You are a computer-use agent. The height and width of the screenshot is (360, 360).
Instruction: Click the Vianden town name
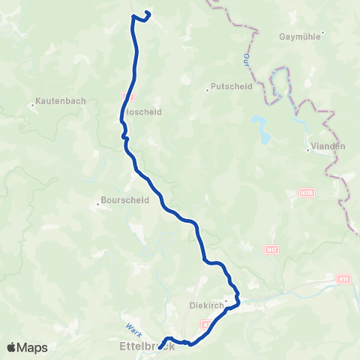(x=329, y=146)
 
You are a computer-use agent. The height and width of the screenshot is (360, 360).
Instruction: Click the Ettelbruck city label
(x=147, y=346)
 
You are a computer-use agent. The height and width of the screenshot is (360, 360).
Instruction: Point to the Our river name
(x=247, y=58)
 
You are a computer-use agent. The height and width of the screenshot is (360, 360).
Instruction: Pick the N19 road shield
(x=343, y=279)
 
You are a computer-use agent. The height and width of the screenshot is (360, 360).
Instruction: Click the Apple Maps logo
(x=27, y=347)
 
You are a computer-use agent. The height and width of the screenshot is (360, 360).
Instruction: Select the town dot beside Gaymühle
(x=322, y=34)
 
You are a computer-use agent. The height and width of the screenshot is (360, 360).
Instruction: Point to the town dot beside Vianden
(x=307, y=150)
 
